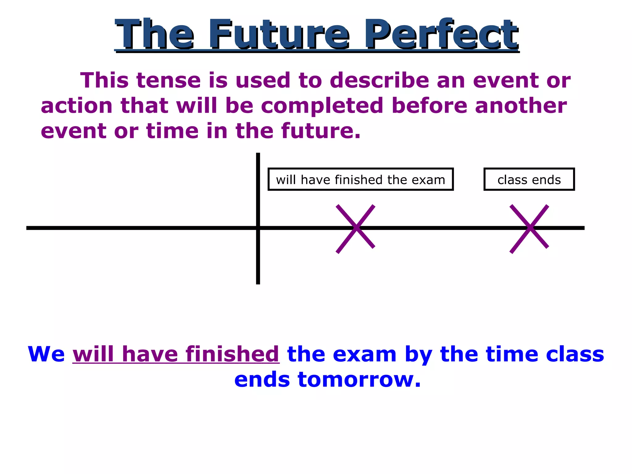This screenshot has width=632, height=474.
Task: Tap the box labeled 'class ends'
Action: pyautogui.click(x=529, y=179)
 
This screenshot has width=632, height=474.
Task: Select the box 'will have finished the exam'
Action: pyautogui.click(x=360, y=179)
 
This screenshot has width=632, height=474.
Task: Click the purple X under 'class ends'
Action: pyautogui.click(x=529, y=228)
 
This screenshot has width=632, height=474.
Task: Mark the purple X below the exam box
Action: pyautogui.click(x=356, y=228)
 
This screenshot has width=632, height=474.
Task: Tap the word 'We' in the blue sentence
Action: pyautogui.click(x=46, y=354)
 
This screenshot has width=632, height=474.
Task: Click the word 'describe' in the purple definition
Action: pyautogui.click(x=379, y=81)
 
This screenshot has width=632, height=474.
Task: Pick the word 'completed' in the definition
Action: pyautogui.click(x=322, y=106)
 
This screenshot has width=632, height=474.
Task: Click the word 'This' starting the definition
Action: pyautogui.click(x=104, y=81)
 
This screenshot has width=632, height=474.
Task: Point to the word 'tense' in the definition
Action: pyautogui.click(x=168, y=81)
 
